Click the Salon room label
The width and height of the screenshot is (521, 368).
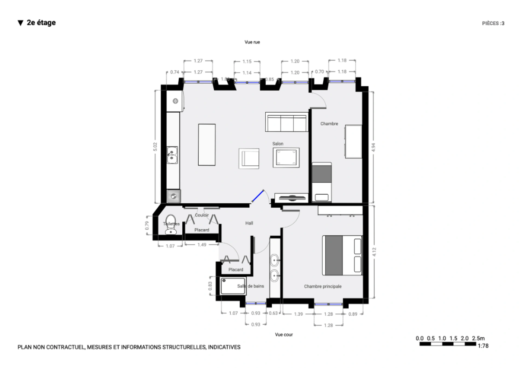click(278, 144)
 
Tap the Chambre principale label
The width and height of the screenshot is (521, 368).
click(323, 286)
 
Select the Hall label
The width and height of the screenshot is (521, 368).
click(249, 223)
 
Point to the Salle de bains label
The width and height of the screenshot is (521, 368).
click(250, 286)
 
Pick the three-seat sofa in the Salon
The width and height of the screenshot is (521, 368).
click(287, 122)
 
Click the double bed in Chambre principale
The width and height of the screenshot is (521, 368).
click(342, 255)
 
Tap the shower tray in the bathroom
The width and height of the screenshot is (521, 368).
click(233, 286)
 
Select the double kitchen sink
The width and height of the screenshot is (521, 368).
click(172, 155)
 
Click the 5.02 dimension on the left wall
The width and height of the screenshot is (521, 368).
click(155, 147)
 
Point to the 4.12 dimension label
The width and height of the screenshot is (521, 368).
click(374, 252)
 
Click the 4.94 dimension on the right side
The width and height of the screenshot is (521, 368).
click(373, 147)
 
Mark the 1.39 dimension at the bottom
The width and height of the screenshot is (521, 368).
click(298, 314)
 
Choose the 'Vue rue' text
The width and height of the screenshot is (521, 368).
click(252, 42)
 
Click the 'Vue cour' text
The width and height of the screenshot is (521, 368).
click(284, 335)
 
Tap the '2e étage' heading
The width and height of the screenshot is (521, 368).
click(41, 23)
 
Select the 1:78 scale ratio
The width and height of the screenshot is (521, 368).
click(483, 346)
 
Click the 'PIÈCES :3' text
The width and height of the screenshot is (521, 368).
click(493, 23)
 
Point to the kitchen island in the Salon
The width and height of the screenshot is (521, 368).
click(207, 145)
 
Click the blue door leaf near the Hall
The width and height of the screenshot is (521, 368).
click(258, 196)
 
